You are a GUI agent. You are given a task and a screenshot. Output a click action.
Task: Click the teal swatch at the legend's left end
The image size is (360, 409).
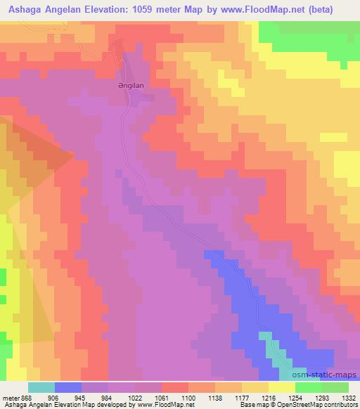[x=41, y=387]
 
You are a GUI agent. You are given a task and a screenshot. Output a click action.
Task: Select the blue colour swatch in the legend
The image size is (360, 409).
[x=67, y=387]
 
